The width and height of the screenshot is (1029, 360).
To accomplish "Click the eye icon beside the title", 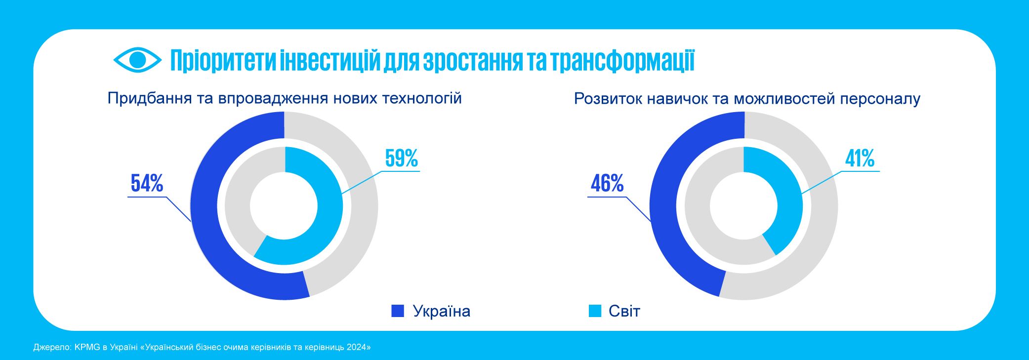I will tap(137, 60).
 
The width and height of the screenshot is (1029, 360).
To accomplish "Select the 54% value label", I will tap(147, 184).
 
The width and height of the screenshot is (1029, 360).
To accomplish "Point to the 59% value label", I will tap(401, 159).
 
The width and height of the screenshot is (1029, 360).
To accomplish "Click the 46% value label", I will tap(607, 184).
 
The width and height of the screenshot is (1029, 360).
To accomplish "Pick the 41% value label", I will tap(860, 159).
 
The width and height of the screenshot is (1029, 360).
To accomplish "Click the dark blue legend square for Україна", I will tap(398, 311).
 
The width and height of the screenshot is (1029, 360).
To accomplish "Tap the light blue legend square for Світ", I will tap(595, 311).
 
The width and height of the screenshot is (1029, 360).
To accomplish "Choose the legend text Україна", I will tap(441, 311).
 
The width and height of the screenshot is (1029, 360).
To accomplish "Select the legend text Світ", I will tap(624, 311).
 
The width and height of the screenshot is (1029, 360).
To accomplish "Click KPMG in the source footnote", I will tap(87, 347).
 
